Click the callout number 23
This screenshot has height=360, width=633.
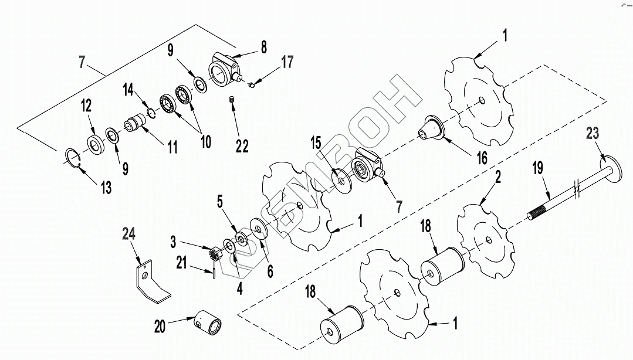593,133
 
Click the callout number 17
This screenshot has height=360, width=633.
287,61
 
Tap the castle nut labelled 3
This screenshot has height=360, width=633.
215,254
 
